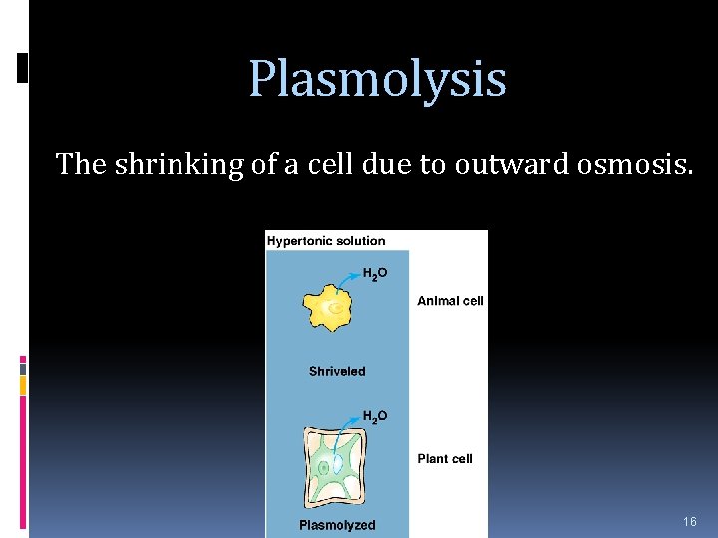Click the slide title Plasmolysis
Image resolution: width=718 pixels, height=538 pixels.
[x=377, y=79]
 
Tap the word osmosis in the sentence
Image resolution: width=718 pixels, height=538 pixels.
[x=633, y=164]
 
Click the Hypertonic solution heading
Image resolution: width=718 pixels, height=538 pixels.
[x=326, y=240]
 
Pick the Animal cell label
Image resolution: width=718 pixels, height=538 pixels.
[x=450, y=301]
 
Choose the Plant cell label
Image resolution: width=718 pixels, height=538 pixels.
[x=445, y=459]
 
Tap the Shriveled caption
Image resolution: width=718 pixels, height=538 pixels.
[x=337, y=371]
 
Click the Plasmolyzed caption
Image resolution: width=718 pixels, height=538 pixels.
[x=337, y=525]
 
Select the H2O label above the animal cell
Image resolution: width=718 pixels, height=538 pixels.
[x=375, y=273]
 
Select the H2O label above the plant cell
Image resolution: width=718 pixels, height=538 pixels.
[x=375, y=416]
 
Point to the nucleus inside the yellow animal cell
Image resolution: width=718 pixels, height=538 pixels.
[x=337, y=309]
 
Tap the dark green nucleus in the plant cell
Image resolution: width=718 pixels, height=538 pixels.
[x=324, y=467]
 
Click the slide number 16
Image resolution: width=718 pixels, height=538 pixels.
[x=690, y=522]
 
